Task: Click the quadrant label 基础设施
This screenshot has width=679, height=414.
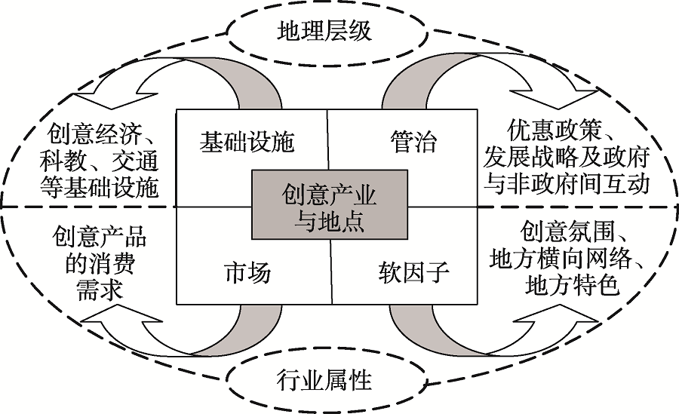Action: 246,143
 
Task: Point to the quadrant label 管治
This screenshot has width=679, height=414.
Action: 413,142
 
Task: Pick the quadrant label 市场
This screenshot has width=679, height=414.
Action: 247,272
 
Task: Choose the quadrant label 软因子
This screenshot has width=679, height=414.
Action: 413,272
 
